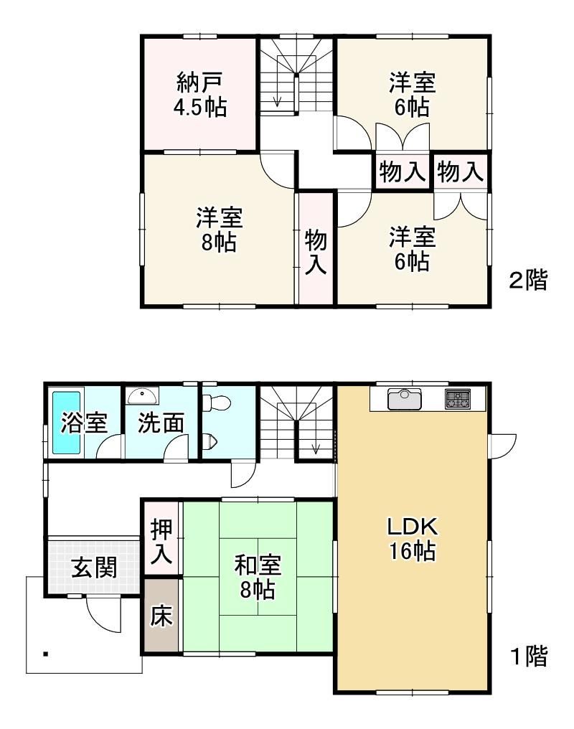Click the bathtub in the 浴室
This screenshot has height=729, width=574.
(x=66, y=422)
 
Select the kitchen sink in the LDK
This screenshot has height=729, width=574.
(x=403, y=399)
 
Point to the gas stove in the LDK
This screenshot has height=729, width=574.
(x=458, y=399)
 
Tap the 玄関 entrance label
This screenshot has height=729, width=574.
(x=93, y=568)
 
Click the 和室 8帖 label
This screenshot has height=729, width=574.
(x=258, y=576)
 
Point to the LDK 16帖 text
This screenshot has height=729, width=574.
(x=413, y=539)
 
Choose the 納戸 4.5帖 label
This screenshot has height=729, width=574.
(x=200, y=95)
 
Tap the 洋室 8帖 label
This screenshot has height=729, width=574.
(x=219, y=230)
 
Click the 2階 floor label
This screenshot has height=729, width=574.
(x=528, y=280)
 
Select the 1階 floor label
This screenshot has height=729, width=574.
(x=529, y=656)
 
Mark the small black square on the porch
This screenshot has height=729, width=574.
(x=45, y=654)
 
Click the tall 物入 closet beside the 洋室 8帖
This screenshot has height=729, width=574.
(x=316, y=249)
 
